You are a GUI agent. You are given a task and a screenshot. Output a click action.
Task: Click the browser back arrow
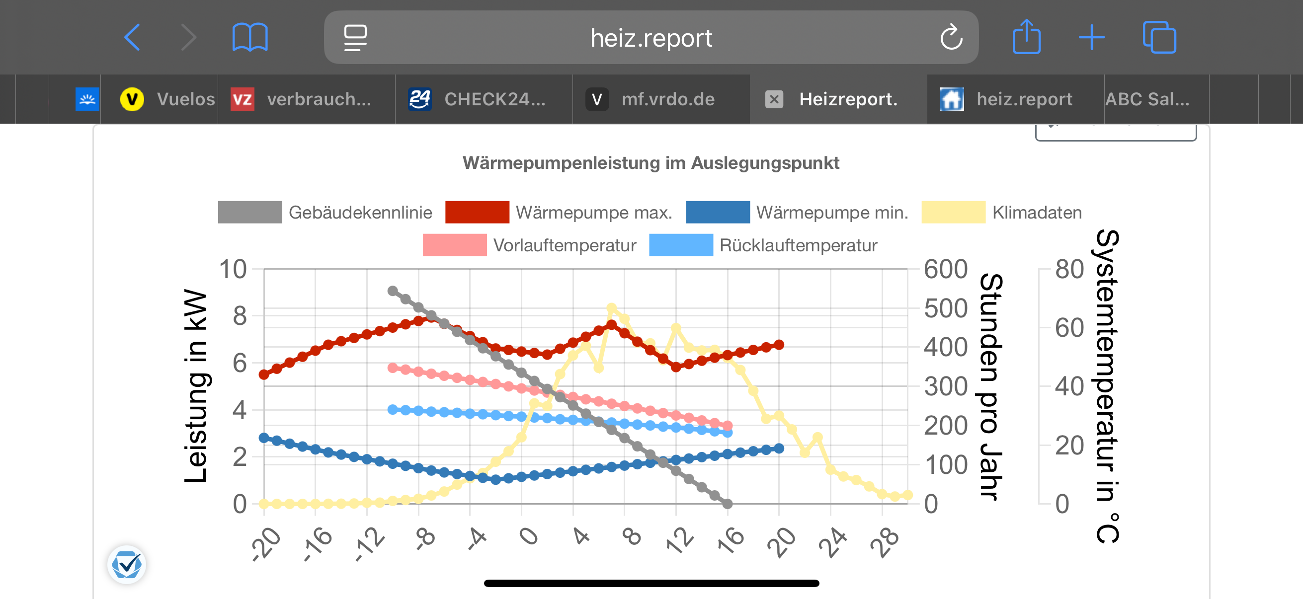pos(132,37)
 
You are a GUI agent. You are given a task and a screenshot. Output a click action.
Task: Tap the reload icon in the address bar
pos(951,37)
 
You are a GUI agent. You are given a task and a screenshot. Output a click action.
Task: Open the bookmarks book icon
pos(250,37)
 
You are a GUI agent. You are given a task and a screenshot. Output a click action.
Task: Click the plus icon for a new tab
pos(1091,37)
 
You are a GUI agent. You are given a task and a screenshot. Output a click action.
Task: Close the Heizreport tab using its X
pos(774,99)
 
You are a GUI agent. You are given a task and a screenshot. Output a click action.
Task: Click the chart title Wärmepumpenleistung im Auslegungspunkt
pos(651,163)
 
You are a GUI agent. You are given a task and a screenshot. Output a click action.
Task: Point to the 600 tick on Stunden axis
pos(945,269)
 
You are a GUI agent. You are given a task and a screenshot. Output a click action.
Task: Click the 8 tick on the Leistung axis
pos(240,316)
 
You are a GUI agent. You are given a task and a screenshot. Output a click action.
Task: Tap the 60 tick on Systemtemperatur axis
pos(1069,328)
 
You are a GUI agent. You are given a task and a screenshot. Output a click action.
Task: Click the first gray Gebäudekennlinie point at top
pos(393,291)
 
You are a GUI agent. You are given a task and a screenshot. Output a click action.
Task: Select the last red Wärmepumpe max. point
pos(779,345)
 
